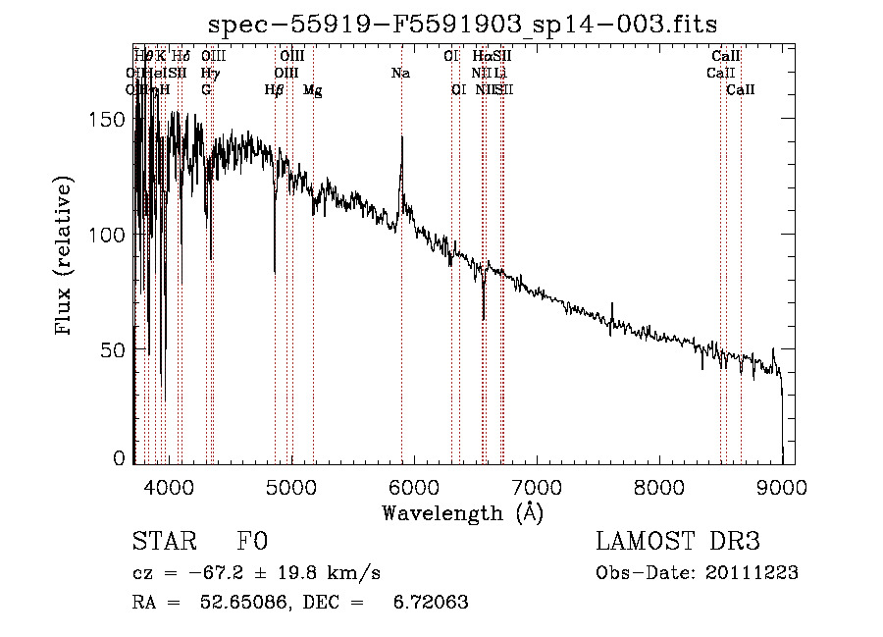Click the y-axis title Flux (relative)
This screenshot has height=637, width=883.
click(65, 256)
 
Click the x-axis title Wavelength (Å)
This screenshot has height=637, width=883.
click(462, 512)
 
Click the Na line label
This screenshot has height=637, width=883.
click(400, 74)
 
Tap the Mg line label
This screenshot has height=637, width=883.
click(312, 90)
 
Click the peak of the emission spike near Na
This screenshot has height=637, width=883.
click(401, 137)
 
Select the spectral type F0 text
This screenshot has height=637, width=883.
click(252, 542)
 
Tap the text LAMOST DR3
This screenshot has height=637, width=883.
click(678, 542)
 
